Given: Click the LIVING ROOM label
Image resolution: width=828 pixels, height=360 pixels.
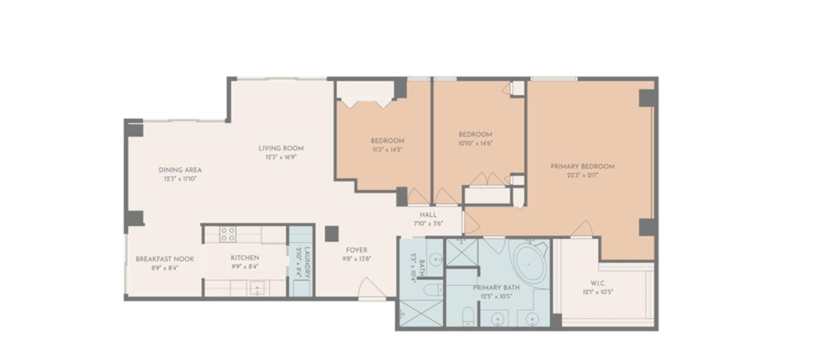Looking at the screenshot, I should (x=281, y=148).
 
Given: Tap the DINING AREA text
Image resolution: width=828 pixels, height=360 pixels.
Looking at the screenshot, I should (x=180, y=170).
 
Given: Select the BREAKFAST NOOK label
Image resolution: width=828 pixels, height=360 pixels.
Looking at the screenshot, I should (x=165, y=259).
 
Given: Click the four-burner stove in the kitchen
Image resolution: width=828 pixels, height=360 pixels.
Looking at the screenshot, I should (x=227, y=234).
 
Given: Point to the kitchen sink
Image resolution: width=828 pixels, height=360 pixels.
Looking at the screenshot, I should (x=257, y=288).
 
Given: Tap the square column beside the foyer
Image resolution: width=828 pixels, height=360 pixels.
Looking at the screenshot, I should (x=332, y=234).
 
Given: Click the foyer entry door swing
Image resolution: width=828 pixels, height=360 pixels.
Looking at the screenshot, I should (x=372, y=288).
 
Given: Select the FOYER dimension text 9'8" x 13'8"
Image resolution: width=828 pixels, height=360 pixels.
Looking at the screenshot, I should (x=357, y=259).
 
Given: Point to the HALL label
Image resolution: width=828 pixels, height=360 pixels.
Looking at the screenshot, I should (x=428, y=215).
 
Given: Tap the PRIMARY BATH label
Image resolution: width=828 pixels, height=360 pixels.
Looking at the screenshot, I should (x=496, y=288).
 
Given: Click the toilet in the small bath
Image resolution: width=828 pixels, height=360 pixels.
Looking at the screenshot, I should (x=433, y=289).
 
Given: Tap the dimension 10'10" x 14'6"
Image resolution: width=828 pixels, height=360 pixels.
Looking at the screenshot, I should (x=475, y=143).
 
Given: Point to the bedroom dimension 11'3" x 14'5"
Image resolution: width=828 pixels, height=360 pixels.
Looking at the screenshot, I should (x=387, y=149).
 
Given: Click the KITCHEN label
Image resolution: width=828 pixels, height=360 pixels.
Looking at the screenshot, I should (x=244, y=258).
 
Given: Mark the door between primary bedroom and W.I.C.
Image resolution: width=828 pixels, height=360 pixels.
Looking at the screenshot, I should (x=582, y=230).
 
